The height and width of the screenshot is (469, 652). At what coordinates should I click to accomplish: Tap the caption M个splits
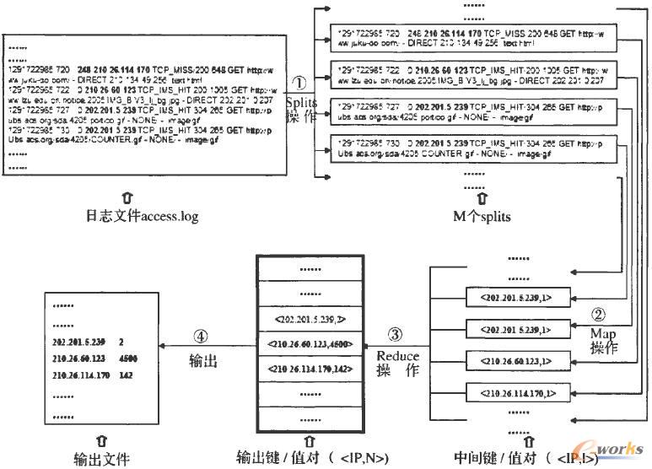pyautogui.click(x=481, y=217)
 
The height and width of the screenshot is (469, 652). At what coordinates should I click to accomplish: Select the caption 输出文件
pyautogui.click(x=101, y=459)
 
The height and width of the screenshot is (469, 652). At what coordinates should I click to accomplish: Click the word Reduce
pyautogui.click(x=397, y=356)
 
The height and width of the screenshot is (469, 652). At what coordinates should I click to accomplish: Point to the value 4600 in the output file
pyautogui.click(x=128, y=358)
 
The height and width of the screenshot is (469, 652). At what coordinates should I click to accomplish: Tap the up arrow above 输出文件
pyautogui.click(x=101, y=440)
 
